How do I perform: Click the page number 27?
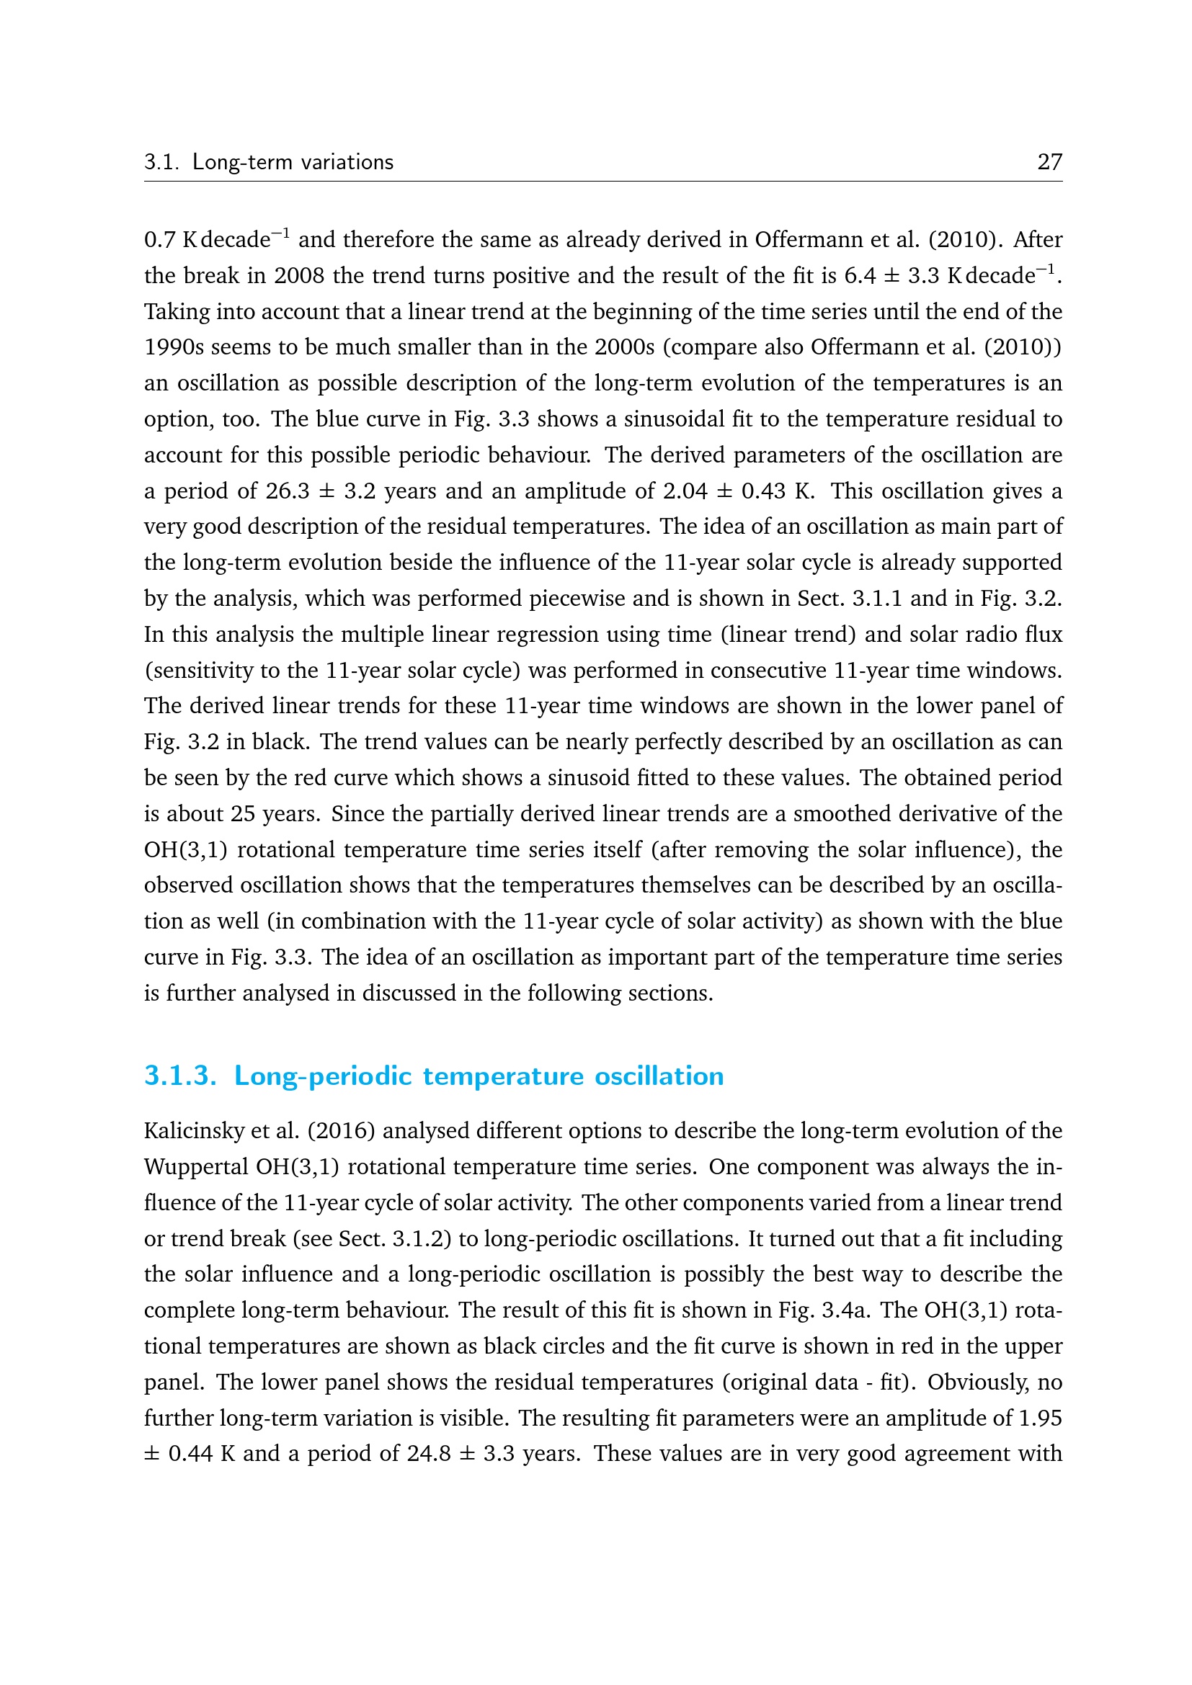tap(1049, 161)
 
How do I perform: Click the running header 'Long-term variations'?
tap(293, 161)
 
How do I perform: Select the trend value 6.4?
tap(860, 276)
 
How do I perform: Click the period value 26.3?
tap(288, 491)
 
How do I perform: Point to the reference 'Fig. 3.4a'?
tap(828, 1310)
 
